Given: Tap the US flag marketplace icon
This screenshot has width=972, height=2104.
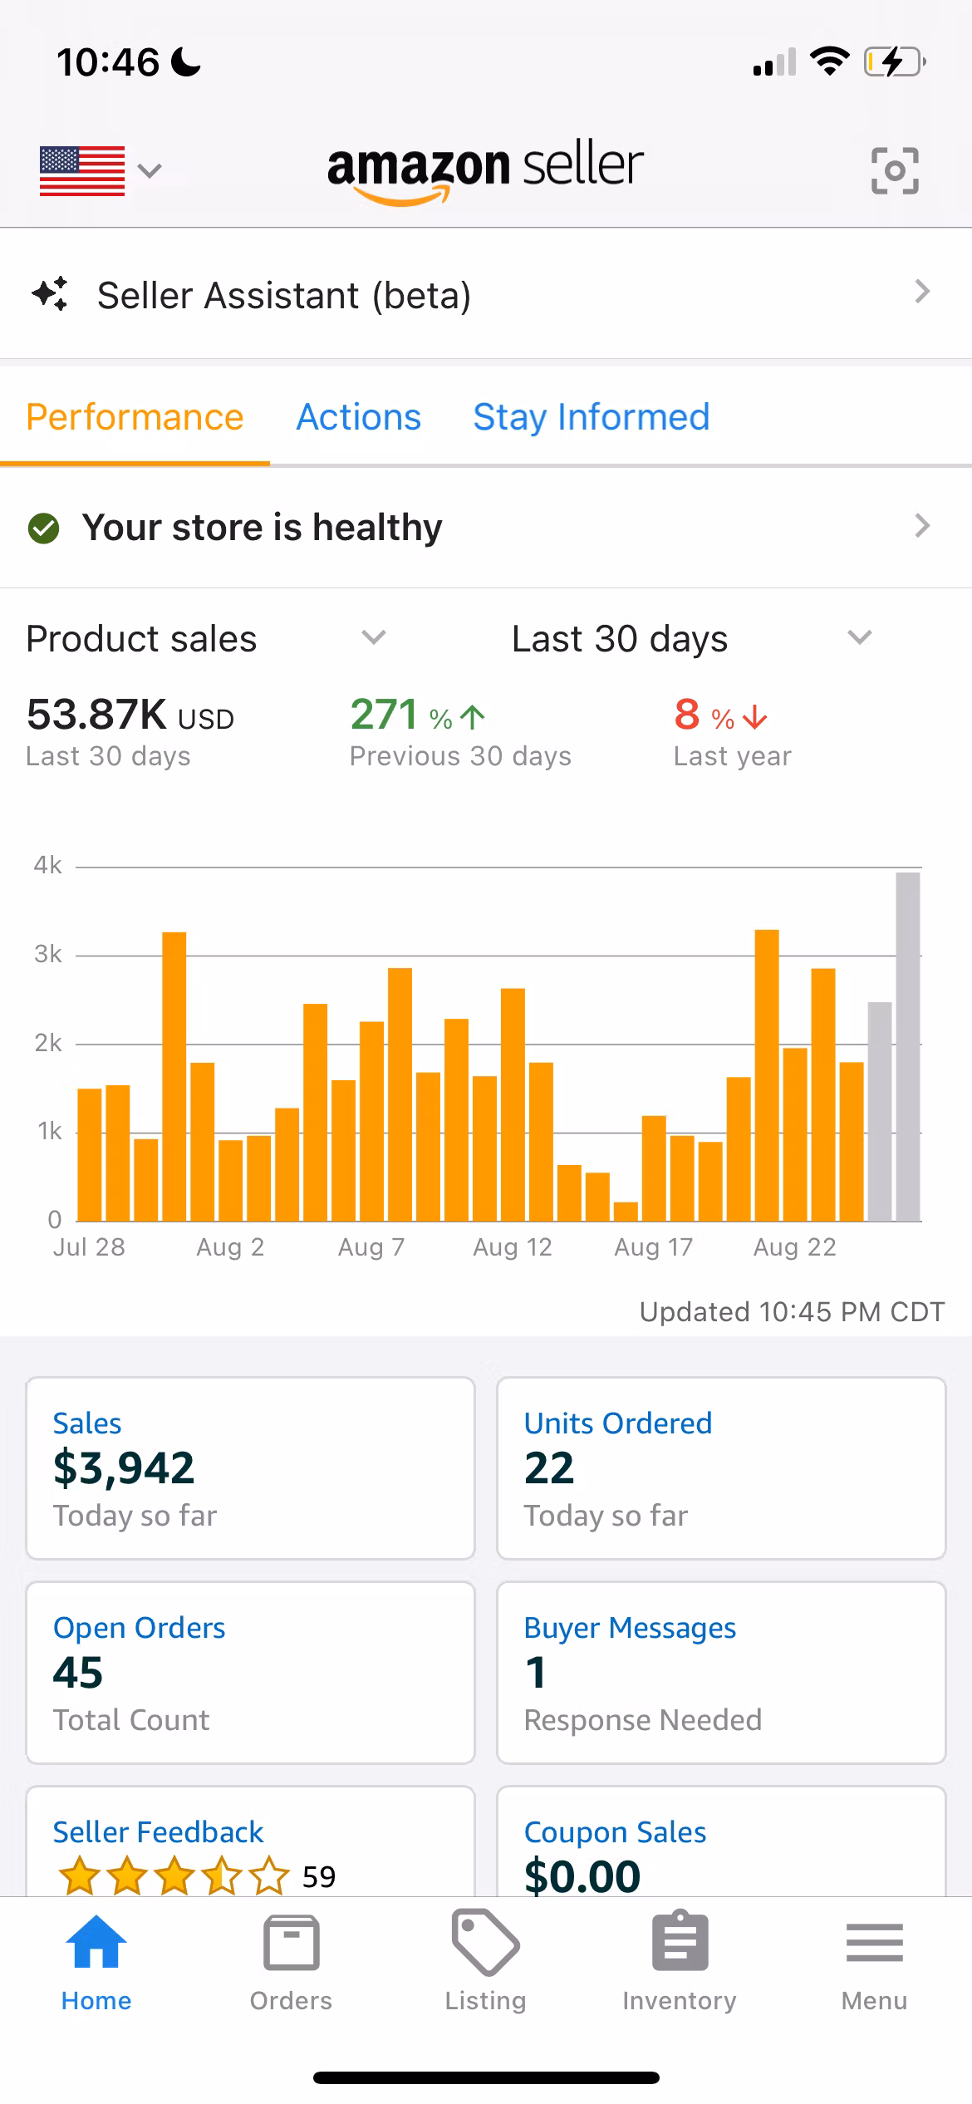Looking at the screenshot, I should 82,170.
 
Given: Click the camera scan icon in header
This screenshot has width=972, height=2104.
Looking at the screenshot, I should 895,170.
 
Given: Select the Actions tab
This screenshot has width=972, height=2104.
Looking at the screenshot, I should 359,417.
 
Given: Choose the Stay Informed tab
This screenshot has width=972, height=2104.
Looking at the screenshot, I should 592,417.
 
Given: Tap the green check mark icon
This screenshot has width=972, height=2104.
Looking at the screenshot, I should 44,528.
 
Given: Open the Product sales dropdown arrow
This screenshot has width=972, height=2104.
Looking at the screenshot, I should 374,637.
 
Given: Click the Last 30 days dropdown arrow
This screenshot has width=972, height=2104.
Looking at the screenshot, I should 859,637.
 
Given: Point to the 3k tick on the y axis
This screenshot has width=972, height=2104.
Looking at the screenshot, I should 48,954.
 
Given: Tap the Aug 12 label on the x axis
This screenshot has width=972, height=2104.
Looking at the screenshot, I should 512,1246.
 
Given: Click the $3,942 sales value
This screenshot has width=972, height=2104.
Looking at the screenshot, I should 124,1468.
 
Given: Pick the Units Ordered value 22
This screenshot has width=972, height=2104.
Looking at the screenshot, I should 549,1468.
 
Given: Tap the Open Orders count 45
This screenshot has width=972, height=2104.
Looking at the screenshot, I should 78,1673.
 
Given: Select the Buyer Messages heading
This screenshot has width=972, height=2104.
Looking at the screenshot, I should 630,1628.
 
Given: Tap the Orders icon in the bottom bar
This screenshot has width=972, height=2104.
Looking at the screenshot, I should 291,1945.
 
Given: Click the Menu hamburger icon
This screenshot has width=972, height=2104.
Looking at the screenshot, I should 874,1944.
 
